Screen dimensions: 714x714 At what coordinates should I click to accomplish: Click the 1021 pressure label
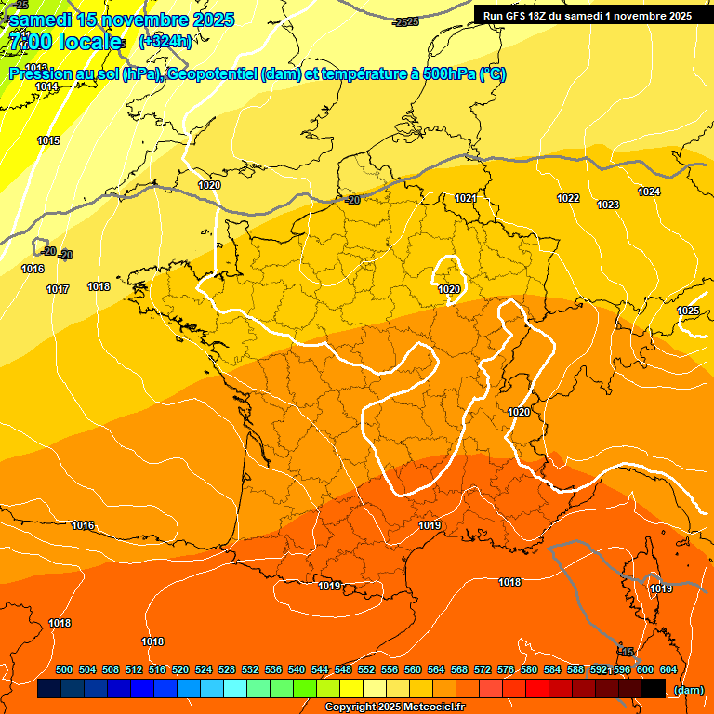[466, 198]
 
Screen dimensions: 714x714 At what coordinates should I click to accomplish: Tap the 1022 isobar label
[568, 198]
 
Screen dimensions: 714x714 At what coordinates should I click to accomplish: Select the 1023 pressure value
[608, 205]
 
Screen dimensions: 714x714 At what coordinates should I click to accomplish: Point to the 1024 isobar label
[649, 192]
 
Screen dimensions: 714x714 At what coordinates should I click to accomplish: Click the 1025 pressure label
[688, 311]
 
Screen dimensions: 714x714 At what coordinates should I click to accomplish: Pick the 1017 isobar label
[58, 289]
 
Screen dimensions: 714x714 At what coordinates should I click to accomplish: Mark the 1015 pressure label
[48, 140]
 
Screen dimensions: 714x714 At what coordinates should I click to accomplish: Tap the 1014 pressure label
[46, 86]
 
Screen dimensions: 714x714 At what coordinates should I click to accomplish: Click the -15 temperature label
[628, 652]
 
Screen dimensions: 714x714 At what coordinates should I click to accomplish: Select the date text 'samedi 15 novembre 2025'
[121, 20]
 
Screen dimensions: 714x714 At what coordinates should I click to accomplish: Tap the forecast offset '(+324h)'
[165, 42]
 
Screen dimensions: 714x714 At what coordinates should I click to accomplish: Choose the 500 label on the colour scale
[64, 669]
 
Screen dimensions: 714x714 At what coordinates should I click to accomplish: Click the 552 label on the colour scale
[366, 669]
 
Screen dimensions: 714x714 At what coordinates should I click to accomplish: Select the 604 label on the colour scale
[668, 669]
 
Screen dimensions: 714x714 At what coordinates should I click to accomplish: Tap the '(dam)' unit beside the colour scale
[688, 689]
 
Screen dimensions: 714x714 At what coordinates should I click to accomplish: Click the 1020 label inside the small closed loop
[449, 289]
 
